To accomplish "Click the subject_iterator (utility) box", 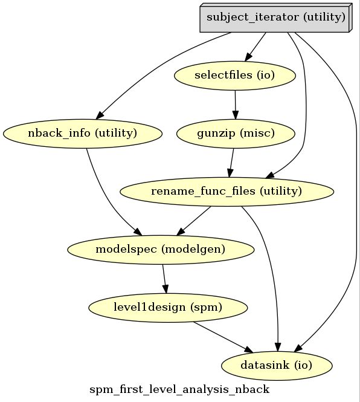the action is pos(276,18).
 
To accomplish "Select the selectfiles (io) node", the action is pos(235,76).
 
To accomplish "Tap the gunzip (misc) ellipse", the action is pos(236,134).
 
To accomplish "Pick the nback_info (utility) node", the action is pos(83,134).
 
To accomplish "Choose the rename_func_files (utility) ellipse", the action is pos(227,192).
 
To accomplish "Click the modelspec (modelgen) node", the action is pos(161,250).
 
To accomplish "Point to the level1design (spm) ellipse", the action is pos(168,308).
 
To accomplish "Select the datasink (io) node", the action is pos(277,366).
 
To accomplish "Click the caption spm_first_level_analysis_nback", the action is pos(179,389).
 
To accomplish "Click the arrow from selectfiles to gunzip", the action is pos(235,105).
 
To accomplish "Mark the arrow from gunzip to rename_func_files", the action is pos(231,163).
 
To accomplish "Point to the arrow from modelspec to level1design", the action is pos(164,279).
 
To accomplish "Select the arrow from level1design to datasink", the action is pos(223,337).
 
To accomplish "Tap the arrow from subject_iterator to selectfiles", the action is pos(255,47).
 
